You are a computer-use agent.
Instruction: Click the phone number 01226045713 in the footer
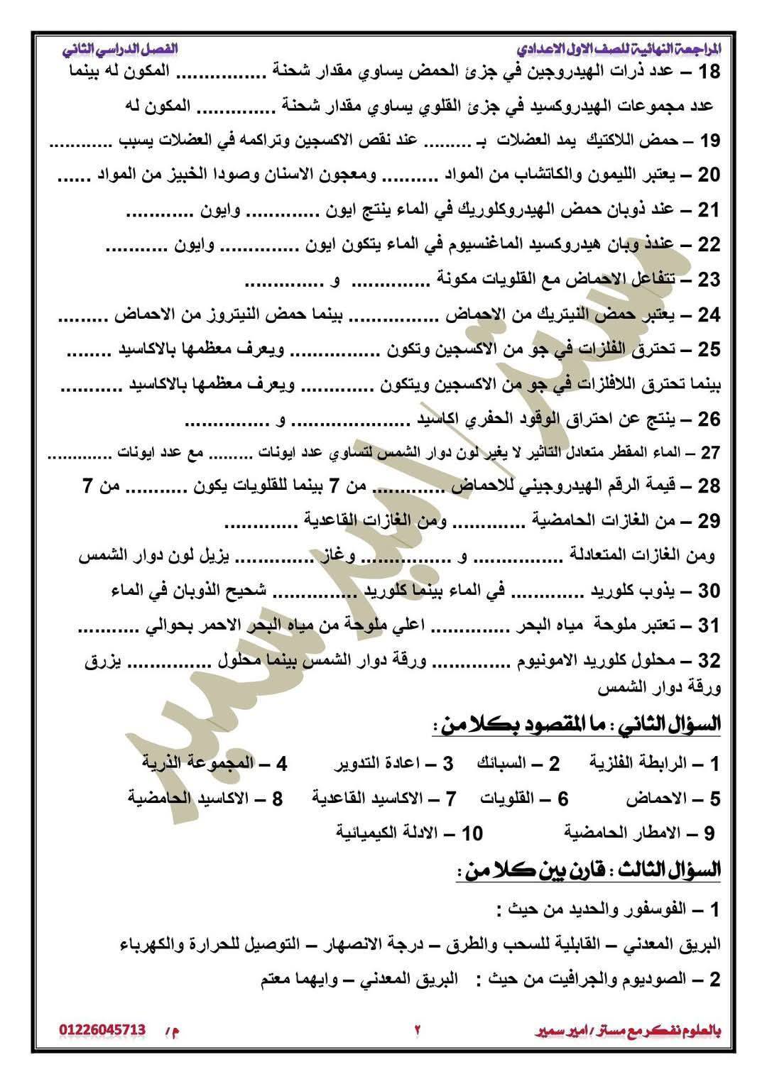coord(102,1029)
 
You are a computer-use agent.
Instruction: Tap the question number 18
coord(709,72)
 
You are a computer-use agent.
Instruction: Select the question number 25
coord(709,349)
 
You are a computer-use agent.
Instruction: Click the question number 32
coord(709,661)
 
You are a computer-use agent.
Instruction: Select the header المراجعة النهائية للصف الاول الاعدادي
coord(619,50)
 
